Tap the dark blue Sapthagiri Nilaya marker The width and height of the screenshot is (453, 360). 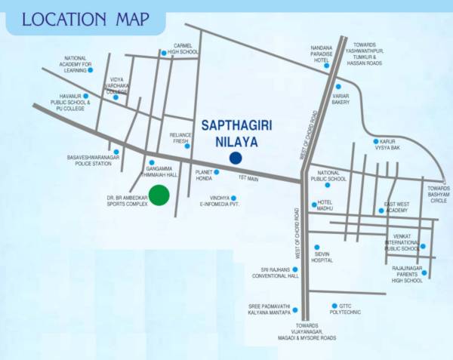point(236,158)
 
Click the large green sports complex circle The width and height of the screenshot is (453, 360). point(159,195)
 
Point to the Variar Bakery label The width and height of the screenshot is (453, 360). point(341,98)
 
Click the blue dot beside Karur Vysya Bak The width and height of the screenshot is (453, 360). point(374,141)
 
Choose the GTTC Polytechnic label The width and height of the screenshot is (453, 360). point(347,309)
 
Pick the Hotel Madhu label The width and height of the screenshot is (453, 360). point(325,206)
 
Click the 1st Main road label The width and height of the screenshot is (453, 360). point(248,178)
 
